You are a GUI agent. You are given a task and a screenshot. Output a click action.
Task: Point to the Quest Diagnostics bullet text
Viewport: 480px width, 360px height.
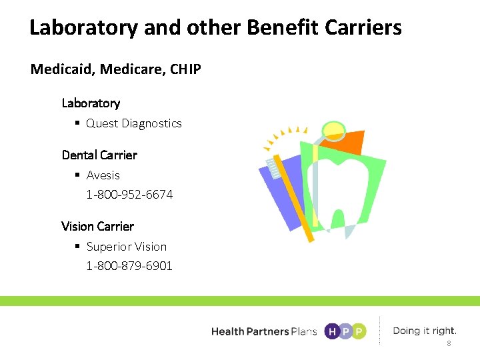pyautogui.click(x=133, y=123)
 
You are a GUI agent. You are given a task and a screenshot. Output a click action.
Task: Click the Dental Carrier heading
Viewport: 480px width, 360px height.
pyautogui.click(x=99, y=155)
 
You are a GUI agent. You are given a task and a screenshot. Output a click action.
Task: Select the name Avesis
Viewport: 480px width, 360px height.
pyautogui.click(x=103, y=175)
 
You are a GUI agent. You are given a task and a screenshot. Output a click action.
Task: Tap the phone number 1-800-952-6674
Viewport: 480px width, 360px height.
pyautogui.click(x=129, y=195)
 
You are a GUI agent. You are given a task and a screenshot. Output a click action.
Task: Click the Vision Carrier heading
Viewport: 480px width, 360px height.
pyautogui.click(x=97, y=226)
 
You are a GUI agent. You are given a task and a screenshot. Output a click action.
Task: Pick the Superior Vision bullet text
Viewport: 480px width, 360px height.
pyautogui.click(x=126, y=247)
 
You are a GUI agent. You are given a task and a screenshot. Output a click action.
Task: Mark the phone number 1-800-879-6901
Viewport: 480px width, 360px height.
pyautogui.click(x=129, y=265)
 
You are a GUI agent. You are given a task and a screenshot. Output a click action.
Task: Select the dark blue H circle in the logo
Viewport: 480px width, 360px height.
pyautogui.click(x=331, y=331)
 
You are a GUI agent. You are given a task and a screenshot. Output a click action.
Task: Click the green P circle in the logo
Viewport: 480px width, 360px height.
pyautogui.click(x=359, y=331)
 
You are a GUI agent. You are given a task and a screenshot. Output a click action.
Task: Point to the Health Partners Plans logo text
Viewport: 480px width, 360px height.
pyautogui.click(x=263, y=331)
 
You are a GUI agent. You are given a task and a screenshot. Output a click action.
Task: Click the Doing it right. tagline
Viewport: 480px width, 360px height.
pyautogui.click(x=425, y=331)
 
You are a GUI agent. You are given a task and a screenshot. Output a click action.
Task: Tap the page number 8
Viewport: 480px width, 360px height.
pyautogui.click(x=449, y=343)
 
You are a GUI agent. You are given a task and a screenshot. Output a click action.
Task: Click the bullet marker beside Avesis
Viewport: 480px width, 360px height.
pyautogui.click(x=78, y=175)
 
